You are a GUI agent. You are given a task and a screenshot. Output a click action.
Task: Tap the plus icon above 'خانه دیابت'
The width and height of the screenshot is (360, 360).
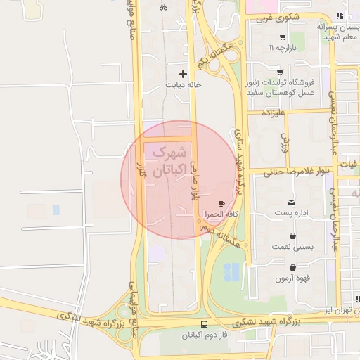tap(184, 73)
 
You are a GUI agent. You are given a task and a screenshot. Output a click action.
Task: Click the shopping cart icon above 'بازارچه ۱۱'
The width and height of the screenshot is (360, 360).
tap(282, 37)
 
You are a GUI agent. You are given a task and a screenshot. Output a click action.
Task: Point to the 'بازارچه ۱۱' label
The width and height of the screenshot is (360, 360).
tap(281, 48)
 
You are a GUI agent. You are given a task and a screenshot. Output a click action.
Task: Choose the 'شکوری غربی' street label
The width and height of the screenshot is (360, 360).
tap(274, 19)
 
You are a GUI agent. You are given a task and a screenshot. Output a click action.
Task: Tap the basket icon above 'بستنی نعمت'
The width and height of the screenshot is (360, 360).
tap(291, 237)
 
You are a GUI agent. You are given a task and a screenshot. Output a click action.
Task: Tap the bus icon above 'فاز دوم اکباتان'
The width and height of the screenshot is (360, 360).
tap(204, 324)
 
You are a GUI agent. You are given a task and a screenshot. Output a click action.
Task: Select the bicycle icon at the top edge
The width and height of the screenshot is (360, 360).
tap(163, 7)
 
